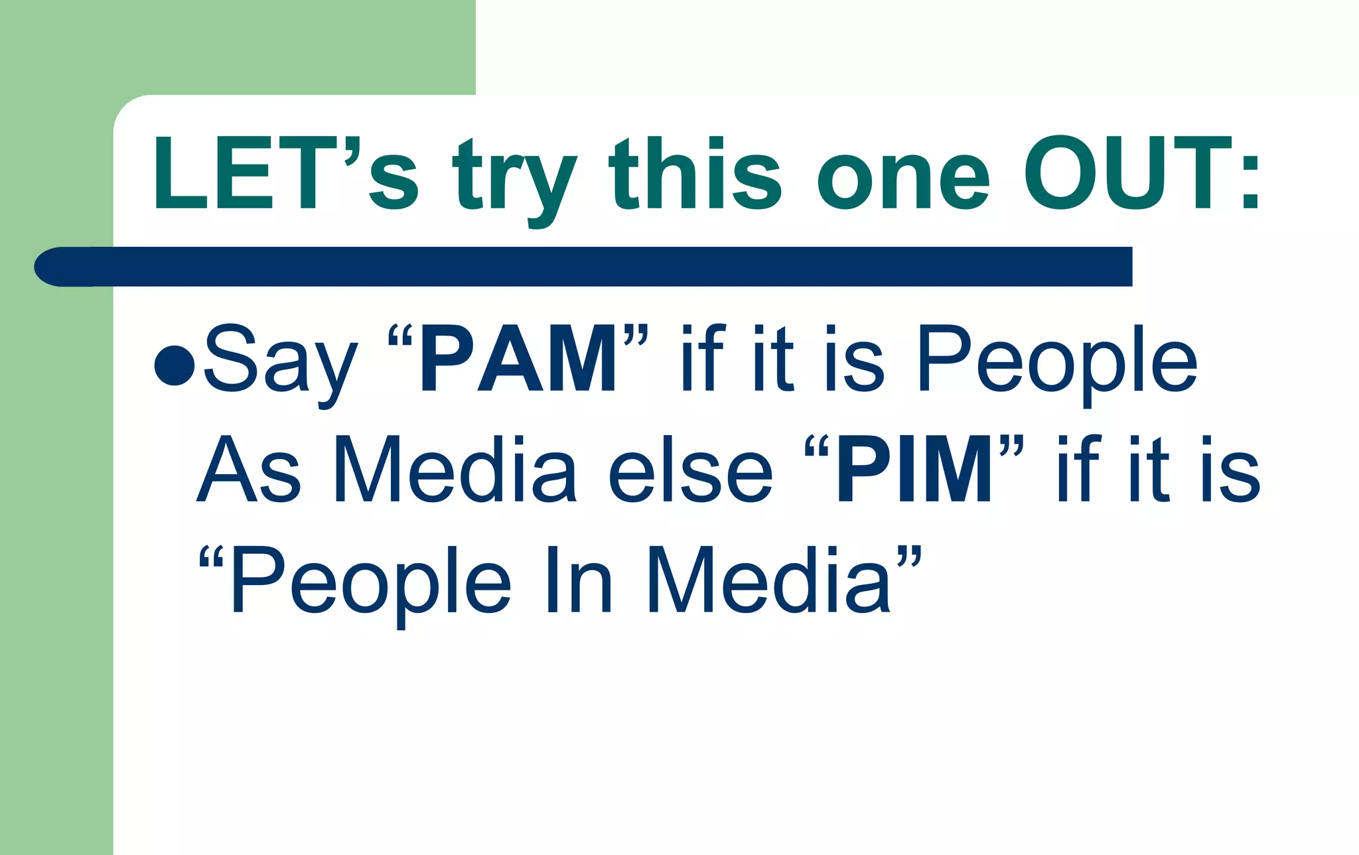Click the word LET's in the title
click(x=285, y=174)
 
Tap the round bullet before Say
click(x=174, y=365)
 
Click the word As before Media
click(x=249, y=470)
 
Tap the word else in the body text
click(x=690, y=470)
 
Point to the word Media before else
click(x=455, y=470)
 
